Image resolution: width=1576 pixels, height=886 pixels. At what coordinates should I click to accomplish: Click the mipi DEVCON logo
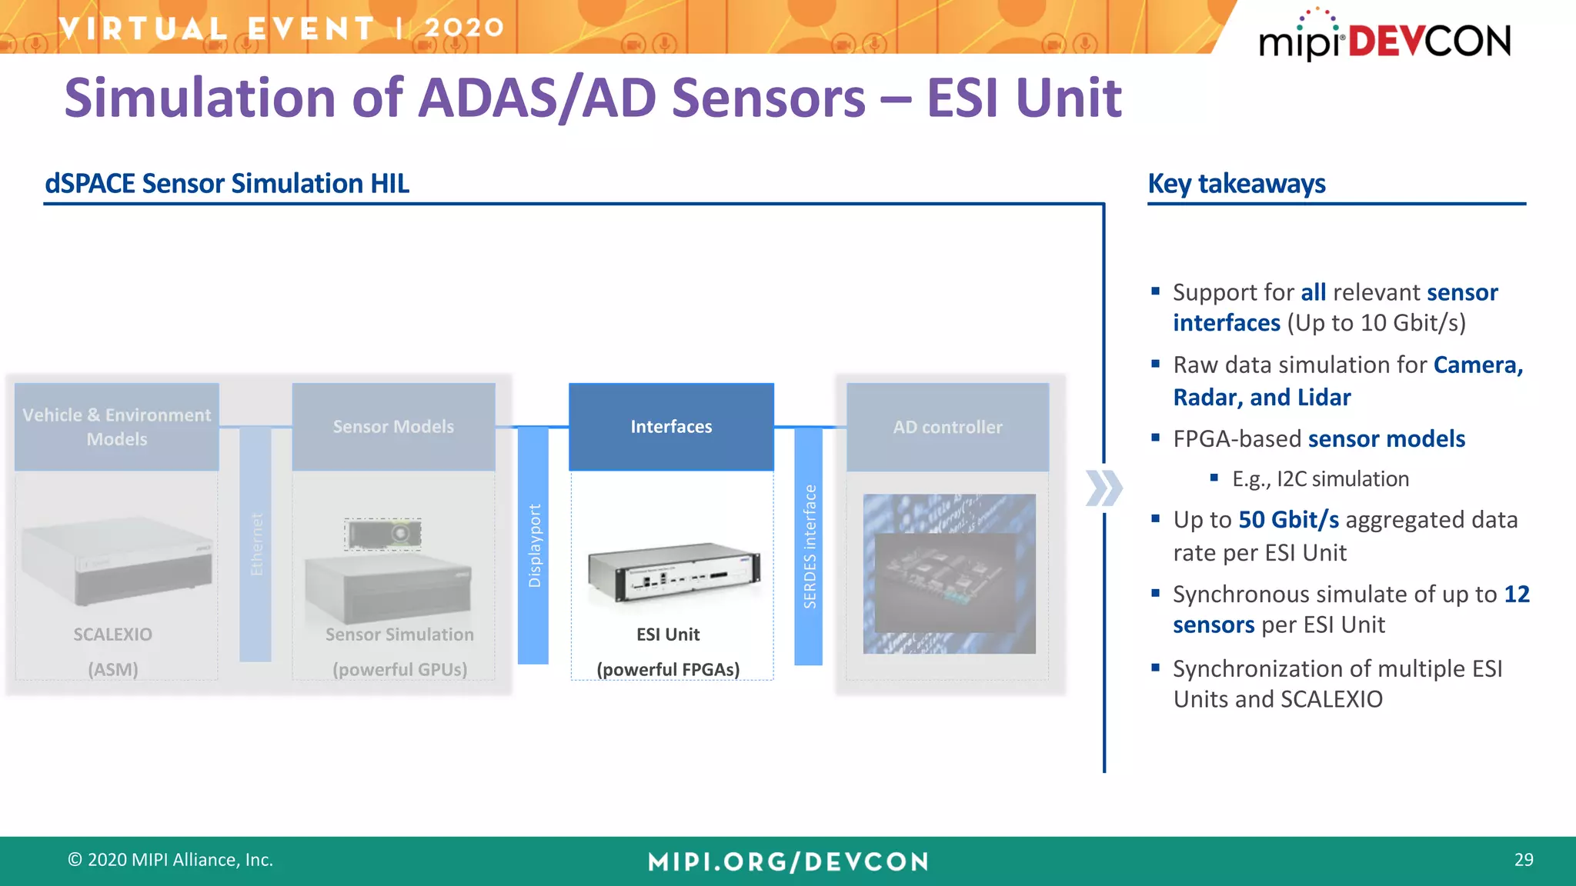[x=1384, y=38]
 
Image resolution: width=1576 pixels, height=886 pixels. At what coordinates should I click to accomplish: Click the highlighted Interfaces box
[x=671, y=427]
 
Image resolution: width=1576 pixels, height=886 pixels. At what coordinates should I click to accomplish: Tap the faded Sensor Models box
[x=393, y=427]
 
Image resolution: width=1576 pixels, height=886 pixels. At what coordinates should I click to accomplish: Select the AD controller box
[x=947, y=427]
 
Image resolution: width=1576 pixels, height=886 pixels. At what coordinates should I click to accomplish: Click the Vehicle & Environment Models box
[x=116, y=427]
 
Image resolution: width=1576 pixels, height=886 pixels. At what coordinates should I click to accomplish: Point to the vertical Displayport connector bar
[x=533, y=546]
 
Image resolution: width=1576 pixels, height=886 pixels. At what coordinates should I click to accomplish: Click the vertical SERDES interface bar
[x=809, y=546]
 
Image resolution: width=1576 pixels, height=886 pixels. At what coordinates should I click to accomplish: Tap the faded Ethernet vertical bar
[x=255, y=545]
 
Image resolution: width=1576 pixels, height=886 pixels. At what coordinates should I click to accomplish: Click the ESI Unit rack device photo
[x=674, y=573]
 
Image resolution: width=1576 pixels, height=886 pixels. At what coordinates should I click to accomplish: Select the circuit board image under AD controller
[x=949, y=574]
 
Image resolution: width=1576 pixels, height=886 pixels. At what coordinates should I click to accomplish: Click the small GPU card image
[x=382, y=533]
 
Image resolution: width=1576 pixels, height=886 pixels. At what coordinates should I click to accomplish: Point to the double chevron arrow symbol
[x=1104, y=488]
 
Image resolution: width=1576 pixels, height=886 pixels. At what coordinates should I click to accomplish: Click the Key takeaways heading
[x=1236, y=184]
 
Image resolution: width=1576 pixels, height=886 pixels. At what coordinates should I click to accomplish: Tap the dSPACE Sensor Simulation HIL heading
[x=227, y=184]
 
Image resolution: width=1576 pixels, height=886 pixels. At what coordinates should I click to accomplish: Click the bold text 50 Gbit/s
[x=1288, y=520]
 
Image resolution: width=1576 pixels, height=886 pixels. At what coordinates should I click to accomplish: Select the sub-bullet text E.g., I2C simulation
[x=1320, y=479]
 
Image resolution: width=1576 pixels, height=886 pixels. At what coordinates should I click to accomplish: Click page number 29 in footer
[x=1523, y=860]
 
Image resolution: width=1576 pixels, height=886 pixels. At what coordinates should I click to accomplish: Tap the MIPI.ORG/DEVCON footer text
[x=788, y=861]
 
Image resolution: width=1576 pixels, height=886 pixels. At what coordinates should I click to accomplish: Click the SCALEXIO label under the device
[x=112, y=635]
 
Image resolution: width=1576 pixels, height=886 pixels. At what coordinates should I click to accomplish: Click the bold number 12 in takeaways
[x=1516, y=595]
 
